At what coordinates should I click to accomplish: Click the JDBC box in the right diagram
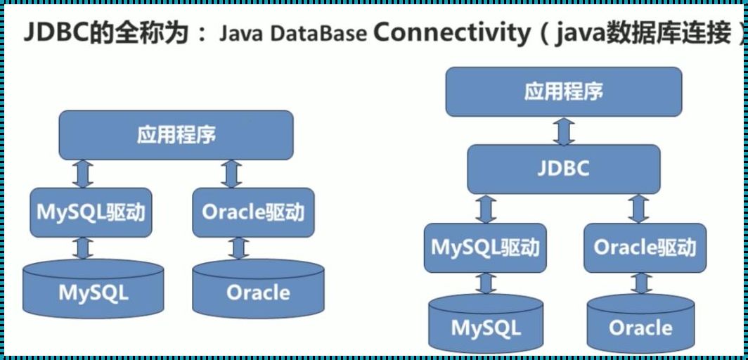pyautogui.click(x=564, y=169)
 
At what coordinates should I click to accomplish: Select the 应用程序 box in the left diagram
pyautogui.click(x=176, y=135)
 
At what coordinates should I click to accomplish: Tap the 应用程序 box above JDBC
pyautogui.click(x=564, y=91)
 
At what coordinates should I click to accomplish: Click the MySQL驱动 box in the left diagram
pyautogui.click(x=91, y=212)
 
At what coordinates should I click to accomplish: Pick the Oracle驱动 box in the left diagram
pyautogui.click(x=252, y=212)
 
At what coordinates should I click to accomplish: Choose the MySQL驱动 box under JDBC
pyautogui.click(x=485, y=247)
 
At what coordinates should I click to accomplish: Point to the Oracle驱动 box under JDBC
pyautogui.click(x=645, y=247)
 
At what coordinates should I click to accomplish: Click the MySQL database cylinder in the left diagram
pyautogui.click(x=93, y=290)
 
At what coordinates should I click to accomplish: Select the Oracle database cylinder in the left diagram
pyautogui.click(x=258, y=290)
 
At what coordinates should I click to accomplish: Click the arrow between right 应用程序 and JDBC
pyautogui.click(x=564, y=131)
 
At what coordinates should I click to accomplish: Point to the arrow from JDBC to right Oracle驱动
pyautogui.click(x=638, y=209)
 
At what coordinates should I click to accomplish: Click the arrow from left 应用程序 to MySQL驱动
pyautogui.click(x=84, y=173)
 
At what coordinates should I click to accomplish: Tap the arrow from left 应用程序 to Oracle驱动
pyautogui.click(x=231, y=173)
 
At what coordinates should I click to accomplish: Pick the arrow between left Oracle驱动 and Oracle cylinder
pyautogui.click(x=239, y=248)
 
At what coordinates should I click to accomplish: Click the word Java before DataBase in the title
pyautogui.click(x=246, y=33)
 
